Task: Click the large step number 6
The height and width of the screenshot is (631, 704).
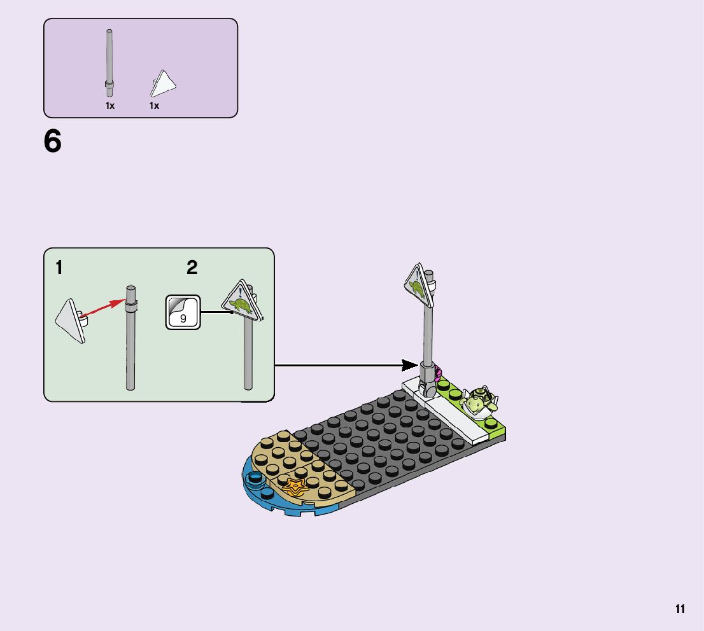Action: point(53,141)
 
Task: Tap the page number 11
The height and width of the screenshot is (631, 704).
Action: point(680,609)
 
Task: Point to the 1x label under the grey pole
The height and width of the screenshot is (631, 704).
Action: point(110,106)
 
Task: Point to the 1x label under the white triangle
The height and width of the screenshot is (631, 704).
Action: point(154,106)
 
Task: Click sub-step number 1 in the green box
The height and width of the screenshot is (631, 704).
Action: point(59,268)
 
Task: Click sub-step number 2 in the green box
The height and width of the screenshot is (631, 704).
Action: point(192,268)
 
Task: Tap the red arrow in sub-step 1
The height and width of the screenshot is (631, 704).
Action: point(101,307)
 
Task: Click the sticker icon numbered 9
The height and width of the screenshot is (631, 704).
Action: point(183,312)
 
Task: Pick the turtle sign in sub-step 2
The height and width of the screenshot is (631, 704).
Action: point(242,303)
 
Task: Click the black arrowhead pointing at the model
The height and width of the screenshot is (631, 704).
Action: point(411,365)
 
